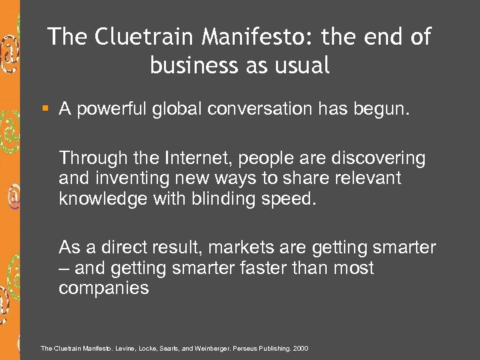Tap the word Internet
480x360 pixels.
[x=193, y=158]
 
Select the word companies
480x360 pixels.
[x=104, y=288]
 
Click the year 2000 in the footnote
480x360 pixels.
[x=301, y=348]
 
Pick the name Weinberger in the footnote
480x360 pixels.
[x=207, y=348]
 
